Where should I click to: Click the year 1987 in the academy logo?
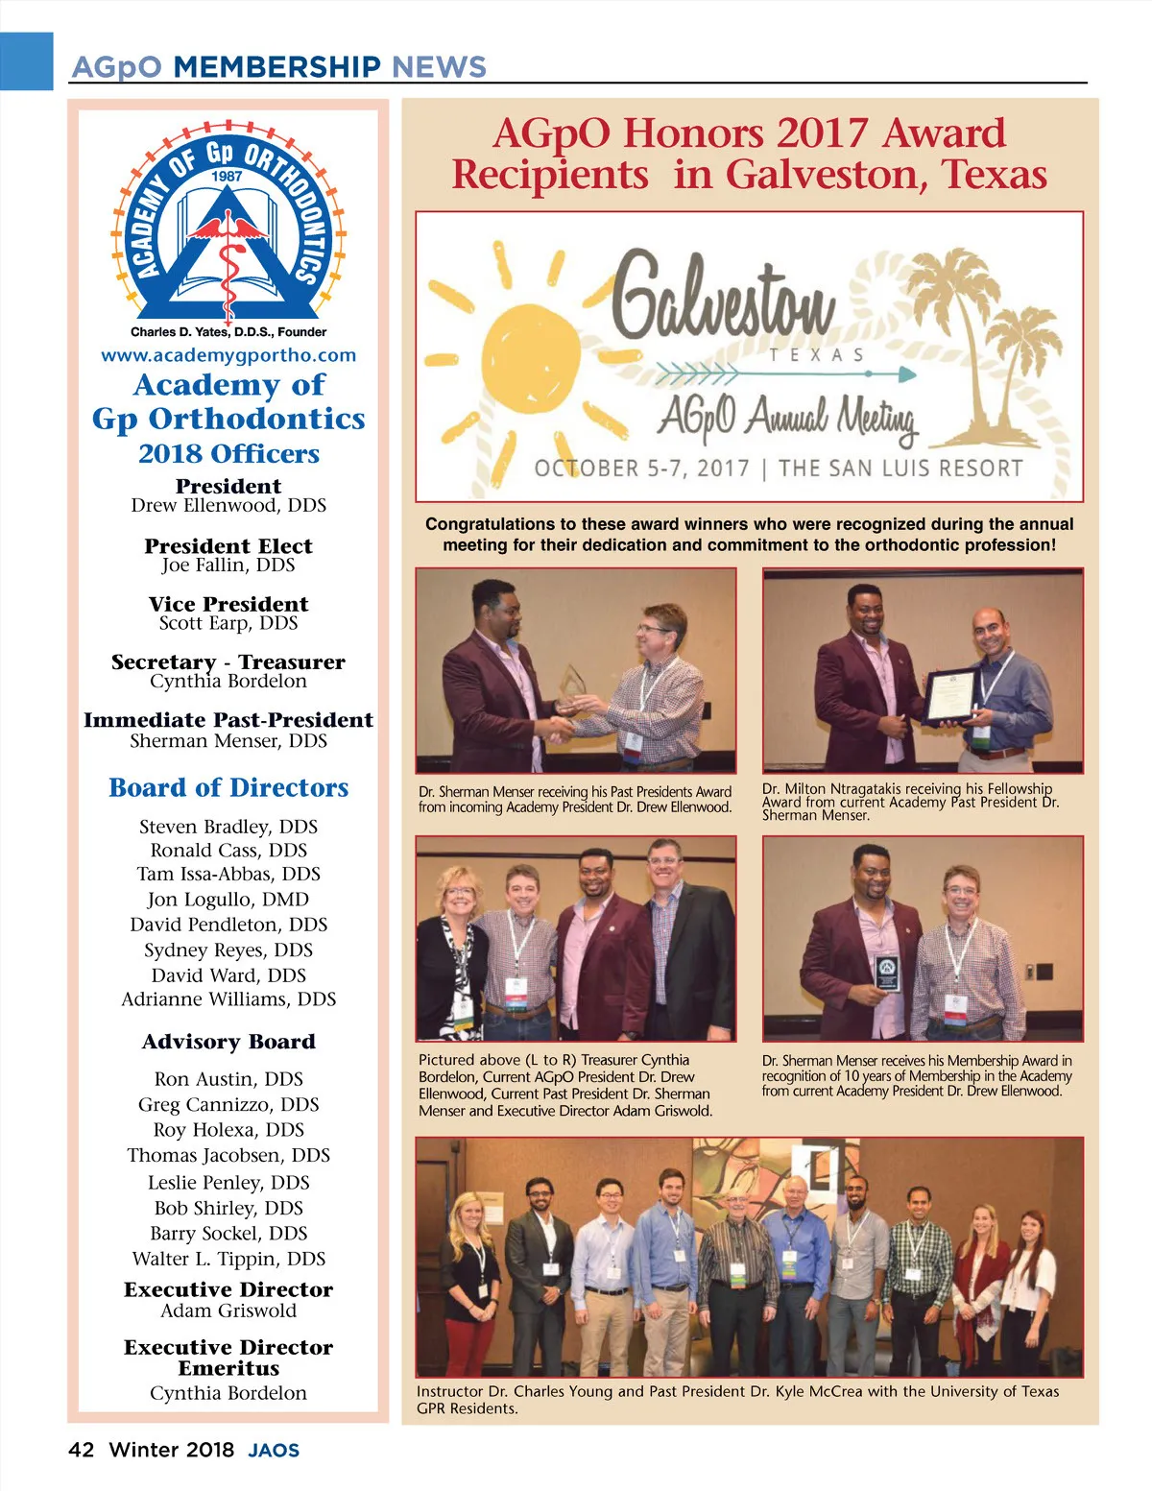[228, 176]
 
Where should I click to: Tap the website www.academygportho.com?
[228, 355]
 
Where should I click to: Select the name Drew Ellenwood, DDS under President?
[228, 506]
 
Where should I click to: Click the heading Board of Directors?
[228, 788]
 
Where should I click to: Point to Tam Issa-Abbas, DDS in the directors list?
[228, 874]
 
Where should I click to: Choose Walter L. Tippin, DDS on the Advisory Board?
[228, 1259]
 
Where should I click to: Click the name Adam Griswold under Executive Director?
[228, 1311]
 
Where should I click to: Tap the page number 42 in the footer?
[81, 1450]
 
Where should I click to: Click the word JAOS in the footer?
[274, 1451]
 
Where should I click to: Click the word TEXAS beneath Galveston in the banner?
[816, 355]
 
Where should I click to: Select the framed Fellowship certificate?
[950, 694]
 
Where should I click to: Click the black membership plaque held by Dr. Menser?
[888, 973]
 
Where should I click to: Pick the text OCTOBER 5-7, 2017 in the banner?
[641, 469]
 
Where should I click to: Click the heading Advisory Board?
[228, 1042]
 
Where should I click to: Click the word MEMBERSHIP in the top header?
[277, 67]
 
